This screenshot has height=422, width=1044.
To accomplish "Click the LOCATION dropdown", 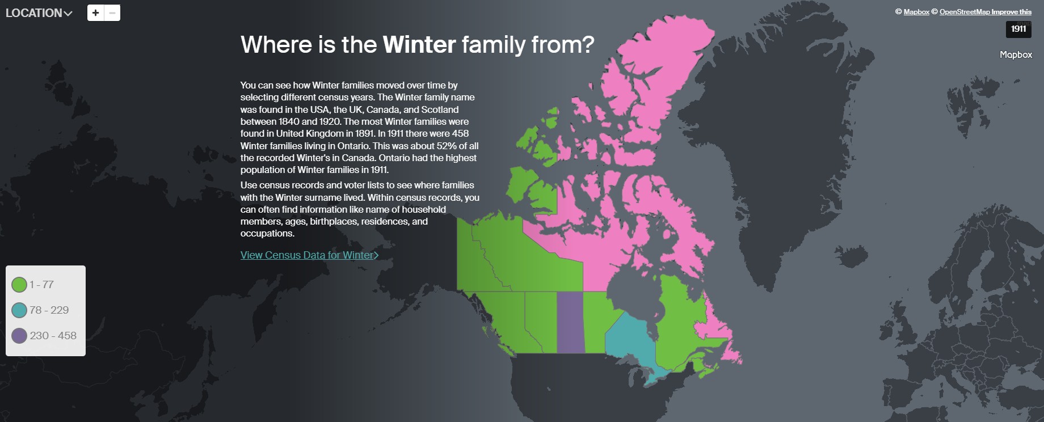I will pos(39,13).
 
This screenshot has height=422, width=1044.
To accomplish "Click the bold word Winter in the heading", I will pos(419,45).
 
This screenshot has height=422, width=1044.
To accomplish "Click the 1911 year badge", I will pos(1018,29).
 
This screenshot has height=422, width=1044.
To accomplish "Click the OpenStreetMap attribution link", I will pos(964,12).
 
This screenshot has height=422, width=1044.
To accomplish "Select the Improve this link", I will pos(1012,12).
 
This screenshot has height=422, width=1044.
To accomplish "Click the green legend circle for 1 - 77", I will pos(19,285).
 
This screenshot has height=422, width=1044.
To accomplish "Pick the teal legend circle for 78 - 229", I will pos(19,310).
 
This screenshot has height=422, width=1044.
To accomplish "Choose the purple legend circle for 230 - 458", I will pos(19,336).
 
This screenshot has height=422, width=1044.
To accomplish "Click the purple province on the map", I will pos(570,322).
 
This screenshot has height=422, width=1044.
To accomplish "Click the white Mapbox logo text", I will pos(1016,55).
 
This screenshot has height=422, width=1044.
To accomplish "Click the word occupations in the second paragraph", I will pos(267,234).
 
